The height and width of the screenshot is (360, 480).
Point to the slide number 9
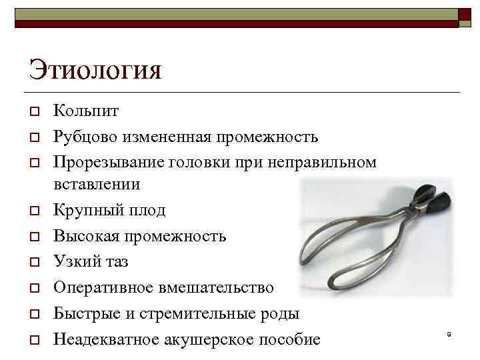pos(449,333)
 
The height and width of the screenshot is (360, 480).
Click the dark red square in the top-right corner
pos(465,15)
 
